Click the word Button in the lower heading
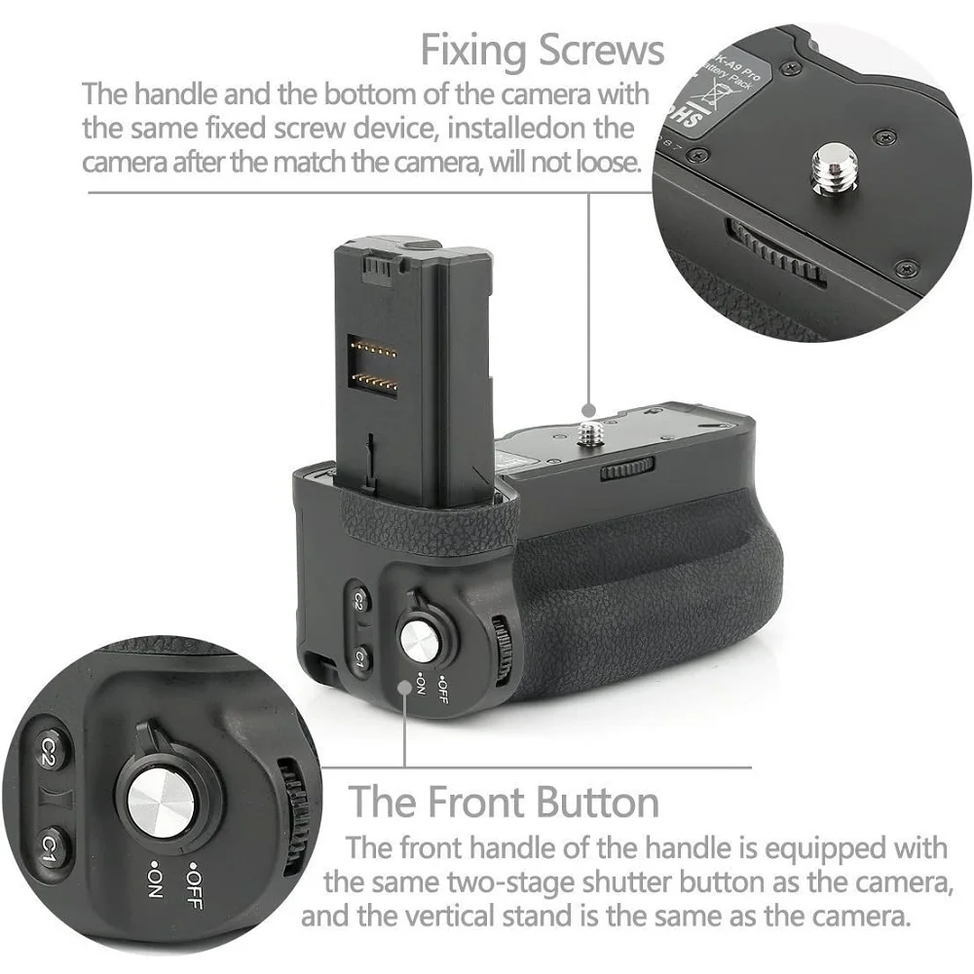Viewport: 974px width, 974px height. coord(584,803)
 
